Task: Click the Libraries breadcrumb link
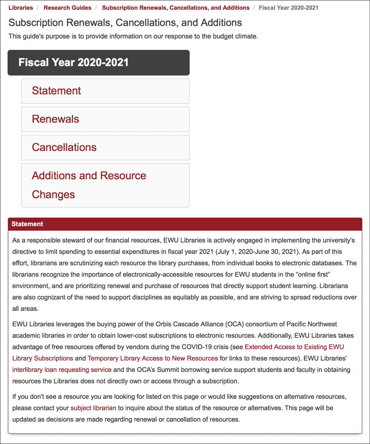[x=21, y=8]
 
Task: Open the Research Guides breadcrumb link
[x=67, y=8]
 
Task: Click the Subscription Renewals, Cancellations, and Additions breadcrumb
[x=176, y=8]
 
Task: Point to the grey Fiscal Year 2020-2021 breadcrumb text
[x=288, y=8]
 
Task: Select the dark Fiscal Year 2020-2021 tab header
[x=98, y=63]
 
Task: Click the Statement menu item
[x=56, y=91]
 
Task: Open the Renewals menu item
[x=55, y=119]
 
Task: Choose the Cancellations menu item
[x=64, y=147]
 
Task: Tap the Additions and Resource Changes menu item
[x=89, y=185]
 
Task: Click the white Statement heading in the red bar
[x=27, y=224]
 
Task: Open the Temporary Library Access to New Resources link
[x=153, y=358]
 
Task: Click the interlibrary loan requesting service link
[x=62, y=370]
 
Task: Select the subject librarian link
[x=93, y=408]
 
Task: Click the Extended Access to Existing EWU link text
[x=294, y=347]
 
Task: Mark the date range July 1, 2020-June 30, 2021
[x=257, y=252]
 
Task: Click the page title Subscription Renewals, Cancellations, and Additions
[x=125, y=23]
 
